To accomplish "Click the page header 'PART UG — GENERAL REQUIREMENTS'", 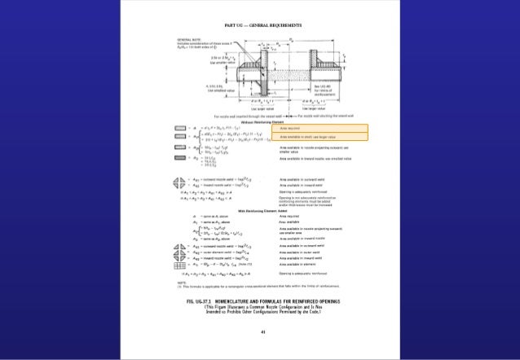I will (x=259, y=26).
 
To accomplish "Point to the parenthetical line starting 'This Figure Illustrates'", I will (x=259, y=309).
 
